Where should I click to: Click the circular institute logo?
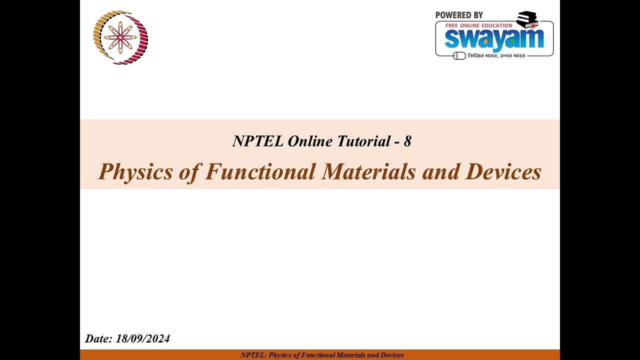120,37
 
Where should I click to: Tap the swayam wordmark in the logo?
493,39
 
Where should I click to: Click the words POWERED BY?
459,15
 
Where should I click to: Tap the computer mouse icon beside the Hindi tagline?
459,55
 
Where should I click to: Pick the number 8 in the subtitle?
407,141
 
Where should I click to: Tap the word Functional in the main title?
260,171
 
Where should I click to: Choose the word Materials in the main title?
368,171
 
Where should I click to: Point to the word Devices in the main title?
503,171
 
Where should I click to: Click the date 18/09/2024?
143,339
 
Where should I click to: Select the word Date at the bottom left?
98,339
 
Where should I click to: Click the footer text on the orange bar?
322,355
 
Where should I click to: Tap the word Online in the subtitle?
310,141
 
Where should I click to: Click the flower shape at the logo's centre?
120,37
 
